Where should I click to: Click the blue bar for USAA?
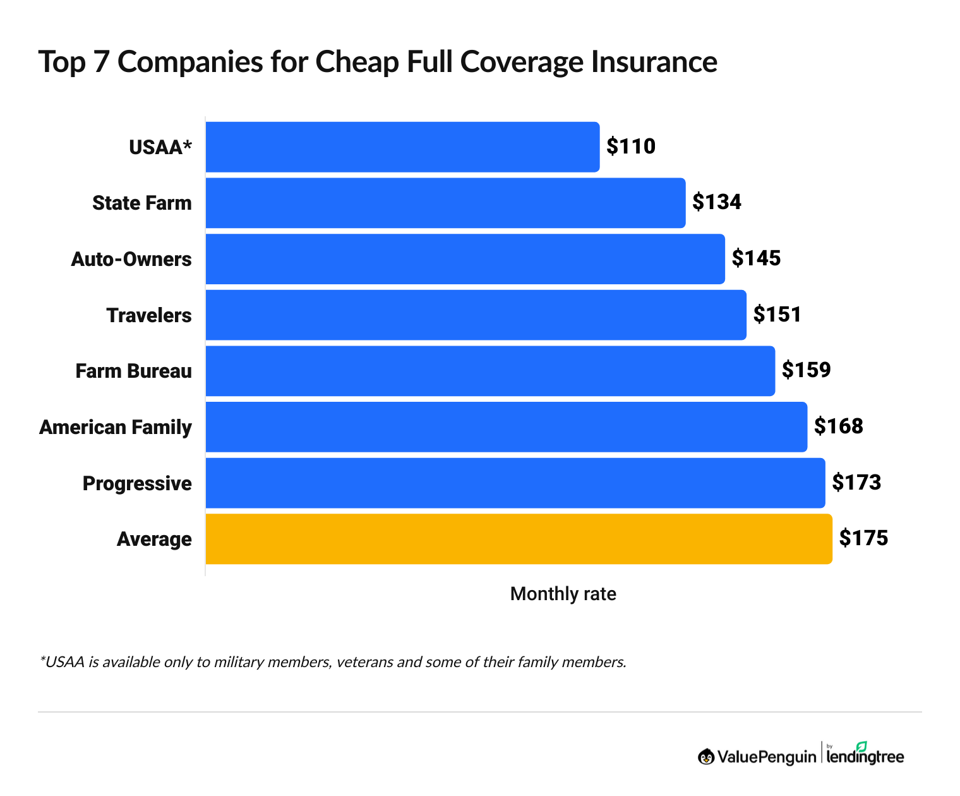point(402,147)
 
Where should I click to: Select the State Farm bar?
point(445,203)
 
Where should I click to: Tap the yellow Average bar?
point(519,539)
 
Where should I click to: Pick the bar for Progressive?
point(515,483)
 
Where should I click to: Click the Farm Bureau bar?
point(490,371)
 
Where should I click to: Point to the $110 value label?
point(631,147)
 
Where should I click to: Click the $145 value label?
point(756,258)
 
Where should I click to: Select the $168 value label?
point(838,426)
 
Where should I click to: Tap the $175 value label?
point(863,538)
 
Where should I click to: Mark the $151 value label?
point(777,315)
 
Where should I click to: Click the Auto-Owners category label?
point(131,259)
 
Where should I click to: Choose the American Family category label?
point(116,427)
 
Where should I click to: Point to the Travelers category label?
point(149,315)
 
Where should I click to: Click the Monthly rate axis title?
point(563,594)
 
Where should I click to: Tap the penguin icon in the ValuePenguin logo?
point(705,756)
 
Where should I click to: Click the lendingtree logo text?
point(865,757)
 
